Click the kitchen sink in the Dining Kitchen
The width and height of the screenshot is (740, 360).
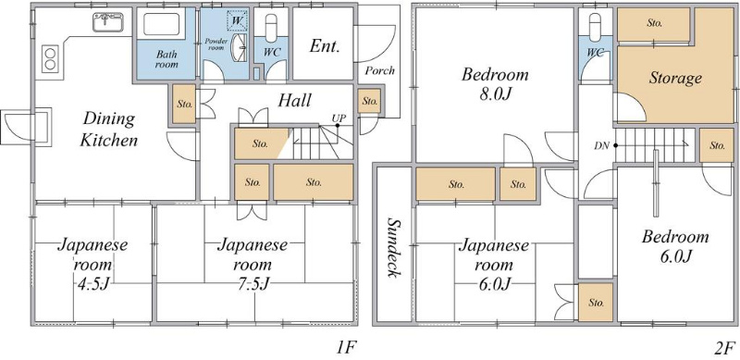coord(108,21)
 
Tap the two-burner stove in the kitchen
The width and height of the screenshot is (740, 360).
coord(50,58)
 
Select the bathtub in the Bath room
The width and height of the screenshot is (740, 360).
coord(161,24)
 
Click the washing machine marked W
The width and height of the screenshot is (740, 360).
coord(237,21)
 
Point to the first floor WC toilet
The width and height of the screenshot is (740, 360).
coord(271,28)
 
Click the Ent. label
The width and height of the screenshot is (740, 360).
coord(325,46)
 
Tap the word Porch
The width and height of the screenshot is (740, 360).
coord(380,71)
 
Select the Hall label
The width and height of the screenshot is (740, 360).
coord(294,100)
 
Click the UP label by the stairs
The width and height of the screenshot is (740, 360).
coord(337,118)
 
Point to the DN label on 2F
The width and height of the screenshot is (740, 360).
coord(601,146)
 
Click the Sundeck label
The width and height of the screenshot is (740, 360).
coord(392,247)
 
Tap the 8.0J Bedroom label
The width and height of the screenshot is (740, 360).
coord(495,84)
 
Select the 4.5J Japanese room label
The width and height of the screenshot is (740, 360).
coord(92,265)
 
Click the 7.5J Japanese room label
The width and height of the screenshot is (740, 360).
coord(252,265)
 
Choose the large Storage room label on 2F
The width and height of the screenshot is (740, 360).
coord(675,78)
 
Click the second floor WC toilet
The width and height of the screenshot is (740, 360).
coord(596,27)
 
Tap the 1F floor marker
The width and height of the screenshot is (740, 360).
coord(345,348)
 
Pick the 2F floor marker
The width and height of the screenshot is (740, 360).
coord(723,348)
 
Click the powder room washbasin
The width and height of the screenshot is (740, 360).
coord(241,48)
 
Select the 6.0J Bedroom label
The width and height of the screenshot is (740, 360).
coord(675,246)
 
